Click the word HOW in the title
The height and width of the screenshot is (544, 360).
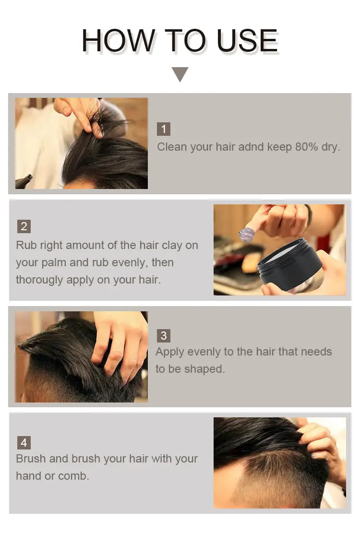coord(119,41)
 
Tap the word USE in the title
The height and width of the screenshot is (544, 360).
coord(247,41)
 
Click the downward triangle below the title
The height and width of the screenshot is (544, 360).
coord(180,74)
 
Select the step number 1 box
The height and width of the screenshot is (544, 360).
coord(164,129)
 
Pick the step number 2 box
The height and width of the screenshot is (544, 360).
coord(24,226)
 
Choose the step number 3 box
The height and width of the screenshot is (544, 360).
coord(164,335)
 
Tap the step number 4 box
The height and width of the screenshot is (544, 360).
coord(24,443)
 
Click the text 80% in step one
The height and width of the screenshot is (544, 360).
coord(307,147)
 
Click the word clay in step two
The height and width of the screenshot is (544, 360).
coord(172,246)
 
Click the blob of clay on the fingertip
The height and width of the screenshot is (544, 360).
coord(247,235)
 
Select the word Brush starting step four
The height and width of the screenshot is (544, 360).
coord(31,459)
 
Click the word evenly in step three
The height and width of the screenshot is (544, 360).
coord(204,352)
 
